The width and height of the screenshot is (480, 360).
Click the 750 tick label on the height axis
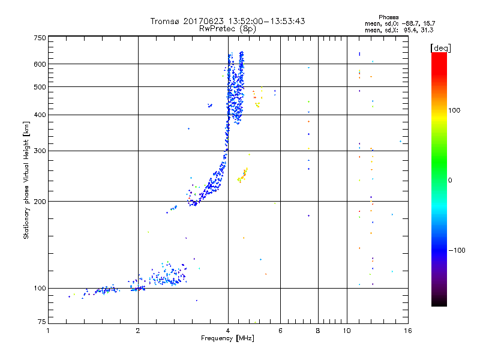(x=40, y=37)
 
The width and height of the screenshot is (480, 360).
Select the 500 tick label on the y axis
(x=40, y=86)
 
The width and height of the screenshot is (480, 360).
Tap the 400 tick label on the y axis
(x=40, y=115)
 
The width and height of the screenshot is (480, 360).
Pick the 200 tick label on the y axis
(x=40, y=201)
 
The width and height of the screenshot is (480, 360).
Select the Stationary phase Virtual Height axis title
(x=26, y=180)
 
